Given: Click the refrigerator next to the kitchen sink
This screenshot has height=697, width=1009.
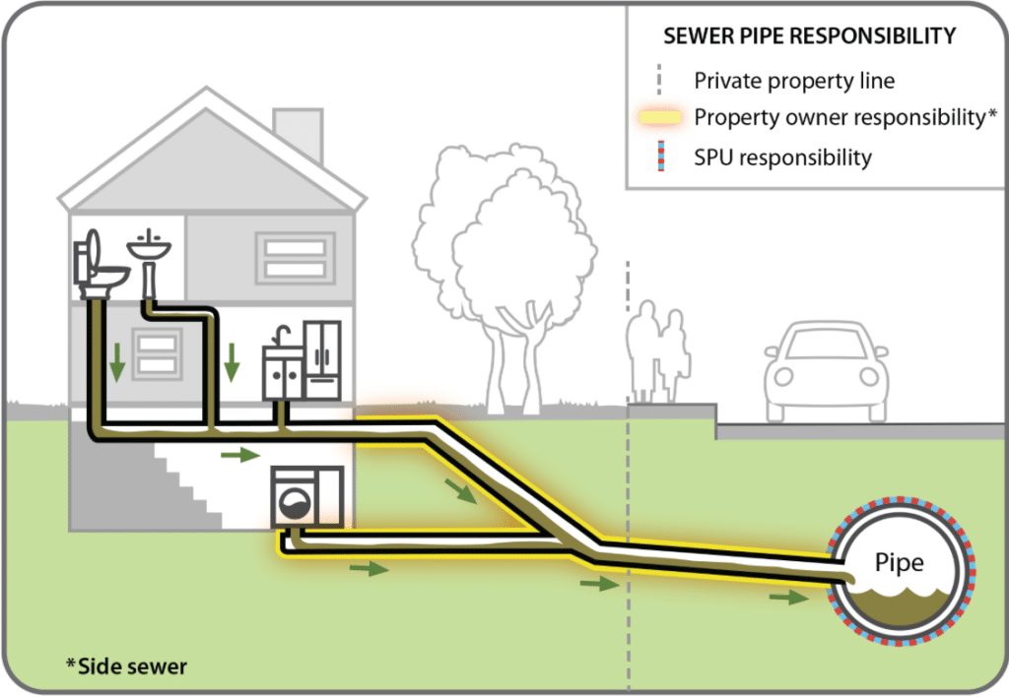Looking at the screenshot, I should pyautogui.click(x=322, y=359).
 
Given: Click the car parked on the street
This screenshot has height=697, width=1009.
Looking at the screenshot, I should pyautogui.click(x=825, y=368).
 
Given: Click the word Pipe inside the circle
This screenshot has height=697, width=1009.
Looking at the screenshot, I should pyautogui.click(x=900, y=563).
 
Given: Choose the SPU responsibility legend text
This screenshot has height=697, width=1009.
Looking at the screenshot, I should pyautogui.click(x=782, y=157).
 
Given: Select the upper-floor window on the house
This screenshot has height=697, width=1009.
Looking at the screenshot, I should pyautogui.click(x=295, y=257).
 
